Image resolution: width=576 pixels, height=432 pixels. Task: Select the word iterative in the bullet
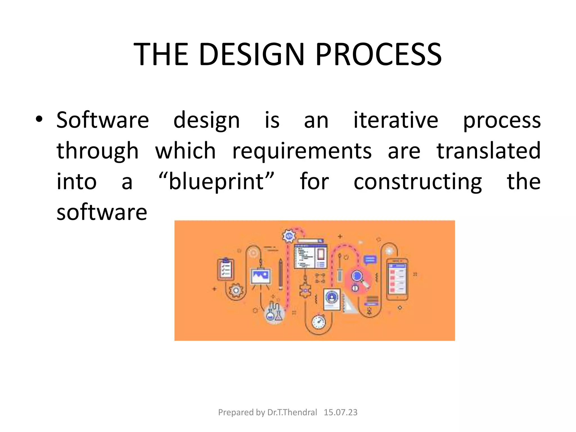point(395,120)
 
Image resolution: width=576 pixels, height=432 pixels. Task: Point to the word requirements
point(302,151)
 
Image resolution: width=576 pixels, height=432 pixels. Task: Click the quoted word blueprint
point(216,182)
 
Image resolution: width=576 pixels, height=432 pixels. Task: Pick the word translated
point(488,151)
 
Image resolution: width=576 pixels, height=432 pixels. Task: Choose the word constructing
point(418,182)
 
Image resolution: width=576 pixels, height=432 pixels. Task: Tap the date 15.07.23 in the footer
point(340,412)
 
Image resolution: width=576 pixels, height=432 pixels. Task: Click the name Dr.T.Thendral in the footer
point(292,412)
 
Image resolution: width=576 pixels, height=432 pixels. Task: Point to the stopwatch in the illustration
point(319,322)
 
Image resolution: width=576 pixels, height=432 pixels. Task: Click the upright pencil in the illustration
point(280,274)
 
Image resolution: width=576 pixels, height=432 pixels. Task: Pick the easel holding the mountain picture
point(261,277)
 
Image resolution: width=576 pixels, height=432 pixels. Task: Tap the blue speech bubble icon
point(370,260)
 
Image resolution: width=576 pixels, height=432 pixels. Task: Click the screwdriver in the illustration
point(340,267)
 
